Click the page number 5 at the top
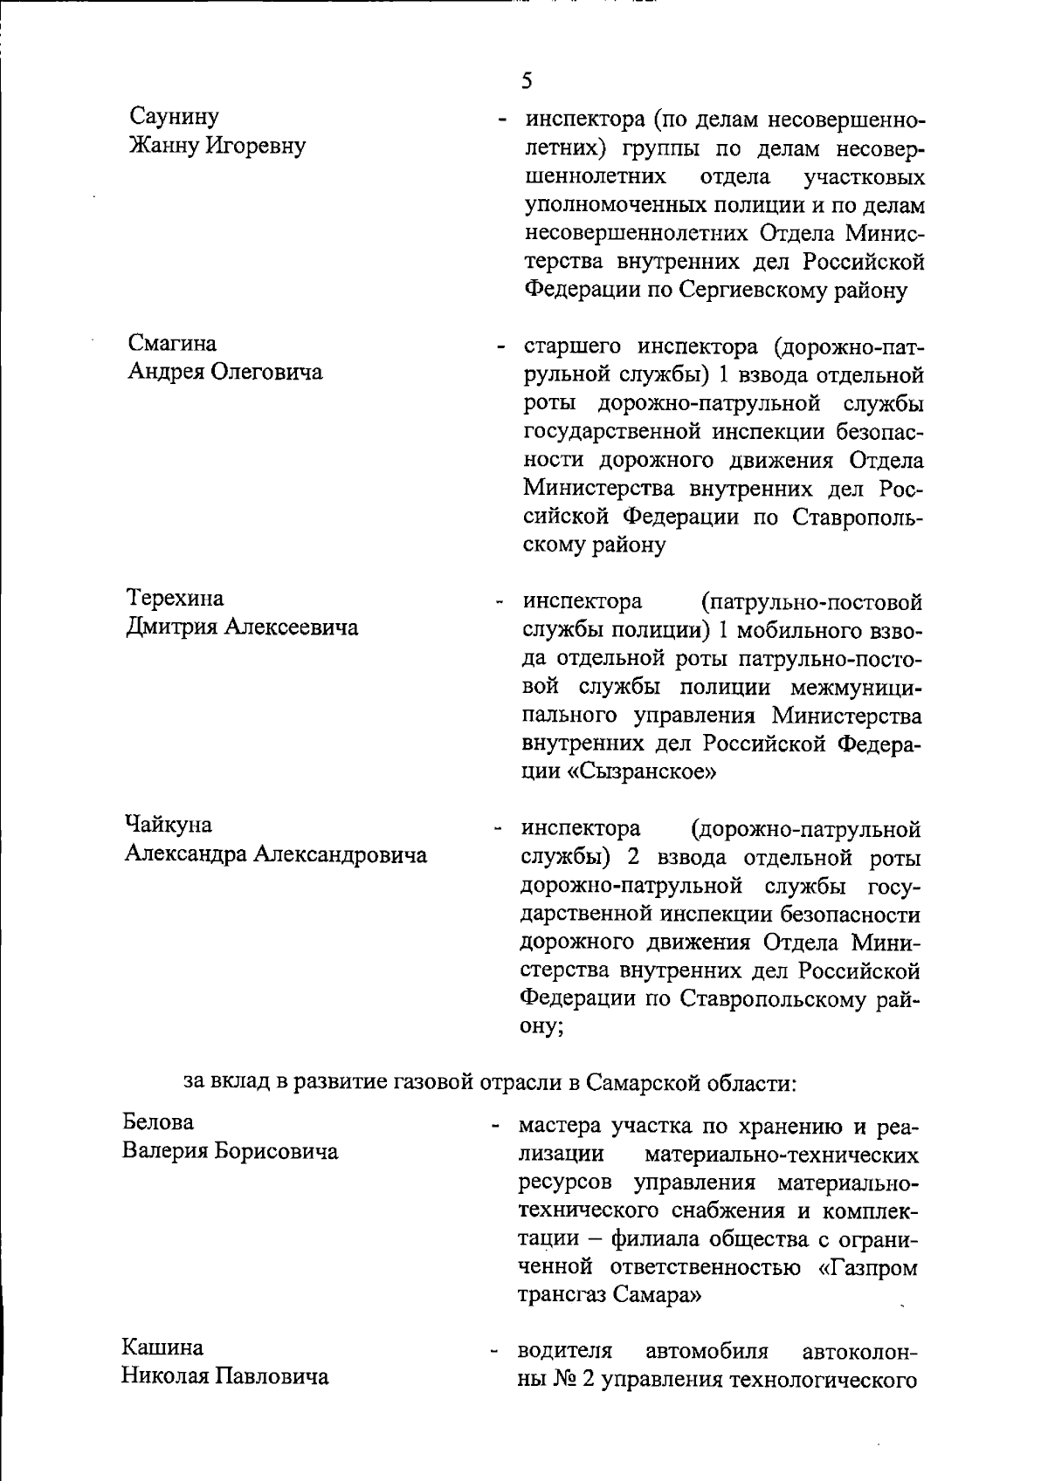coord(526,81)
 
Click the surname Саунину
coord(174,116)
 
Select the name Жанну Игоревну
coord(217,145)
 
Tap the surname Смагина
coord(173,343)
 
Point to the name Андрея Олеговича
coord(225,372)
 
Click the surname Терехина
coord(176,598)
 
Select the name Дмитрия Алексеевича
coord(243,627)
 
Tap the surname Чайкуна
coord(169,824)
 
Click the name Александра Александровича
coord(276,854)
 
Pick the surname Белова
coord(158,1121)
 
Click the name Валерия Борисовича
coord(230,1151)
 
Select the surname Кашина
coord(162,1347)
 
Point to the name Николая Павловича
coord(225,1377)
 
